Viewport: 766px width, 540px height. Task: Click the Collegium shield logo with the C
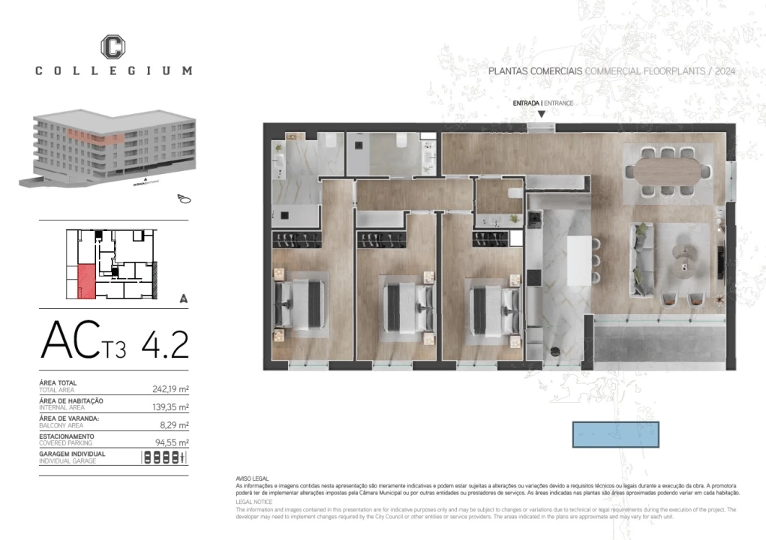[x=113, y=46]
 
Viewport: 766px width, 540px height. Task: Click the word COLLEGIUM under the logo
[x=113, y=70]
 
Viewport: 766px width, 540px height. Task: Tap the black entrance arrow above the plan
[x=542, y=115]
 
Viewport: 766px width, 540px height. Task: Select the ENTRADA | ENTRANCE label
[x=542, y=103]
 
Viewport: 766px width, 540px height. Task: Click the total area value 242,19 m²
[x=169, y=389]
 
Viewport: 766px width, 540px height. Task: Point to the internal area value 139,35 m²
[x=169, y=406]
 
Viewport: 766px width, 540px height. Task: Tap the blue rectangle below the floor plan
[x=615, y=434]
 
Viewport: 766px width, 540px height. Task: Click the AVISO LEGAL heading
[x=252, y=478]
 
